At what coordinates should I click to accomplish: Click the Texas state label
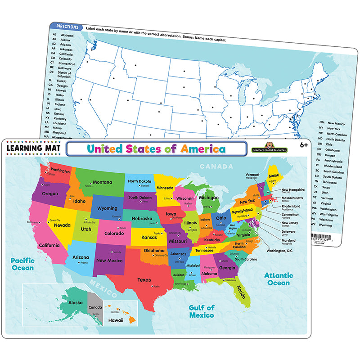pyautogui.click(x=144, y=279)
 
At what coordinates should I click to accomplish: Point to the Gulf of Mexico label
pyautogui.click(x=201, y=311)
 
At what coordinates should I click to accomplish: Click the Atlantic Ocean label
pyautogui.click(x=279, y=279)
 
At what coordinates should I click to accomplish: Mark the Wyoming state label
pyautogui.click(x=107, y=208)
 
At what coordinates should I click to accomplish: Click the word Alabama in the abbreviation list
pyautogui.click(x=67, y=35)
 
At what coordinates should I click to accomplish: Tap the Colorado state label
pyautogui.click(x=114, y=234)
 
